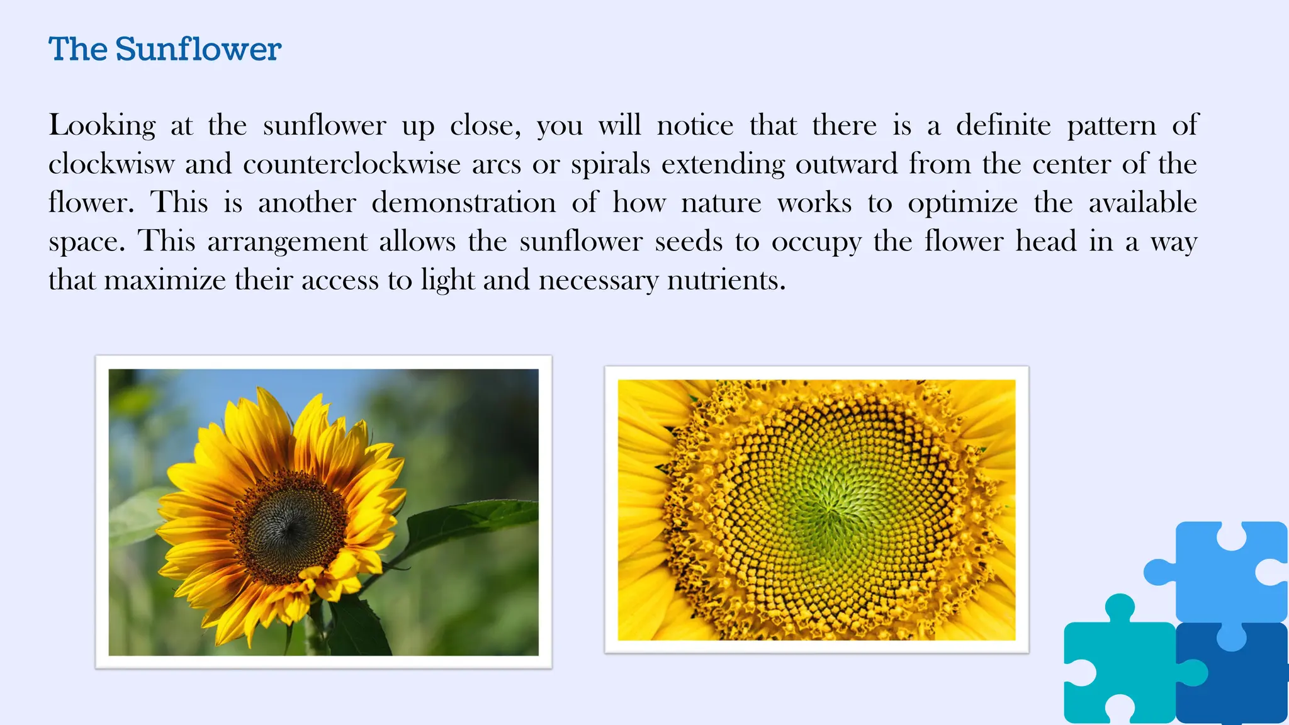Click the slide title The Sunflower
(x=165, y=49)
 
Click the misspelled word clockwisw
(x=111, y=164)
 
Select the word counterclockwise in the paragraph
(x=352, y=164)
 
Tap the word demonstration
(x=464, y=203)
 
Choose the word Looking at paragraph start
(x=102, y=126)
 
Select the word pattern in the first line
(x=1112, y=126)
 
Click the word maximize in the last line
(x=165, y=280)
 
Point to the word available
(x=1142, y=203)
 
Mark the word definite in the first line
(x=1003, y=126)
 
